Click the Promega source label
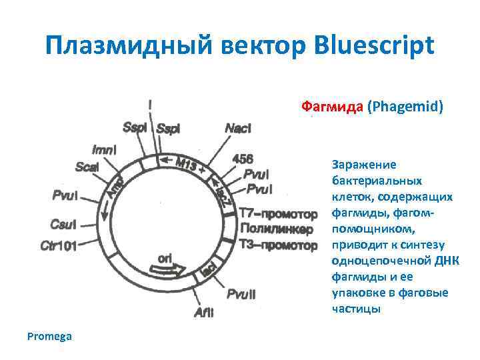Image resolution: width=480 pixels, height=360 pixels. click(x=49, y=336)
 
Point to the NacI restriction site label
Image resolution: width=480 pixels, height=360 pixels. click(x=238, y=128)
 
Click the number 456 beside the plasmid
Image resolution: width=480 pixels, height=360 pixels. click(x=242, y=159)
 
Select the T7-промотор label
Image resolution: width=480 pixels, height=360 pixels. click(x=278, y=214)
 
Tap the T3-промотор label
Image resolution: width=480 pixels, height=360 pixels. click(x=279, y=245)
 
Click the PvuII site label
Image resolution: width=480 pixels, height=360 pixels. click(x=240, y=293)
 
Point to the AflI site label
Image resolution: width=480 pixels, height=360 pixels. click(x=203, y=311)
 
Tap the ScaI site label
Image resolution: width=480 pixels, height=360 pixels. click(x=87, y=167)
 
